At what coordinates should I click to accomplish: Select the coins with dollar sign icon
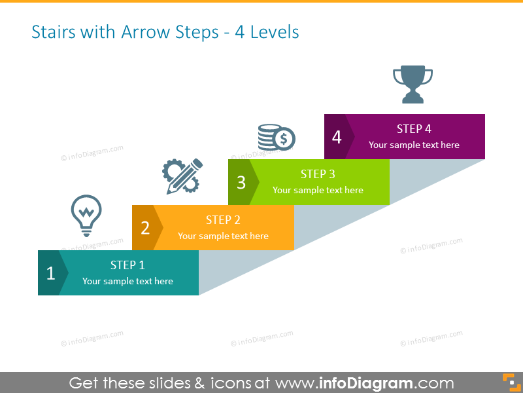pos(276,138)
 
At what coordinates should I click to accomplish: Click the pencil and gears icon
pos(182,176)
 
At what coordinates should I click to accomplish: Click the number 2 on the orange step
pos(145,228)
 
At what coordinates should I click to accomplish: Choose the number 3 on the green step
pos(241,183)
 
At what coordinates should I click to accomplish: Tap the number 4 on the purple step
pos(337,138)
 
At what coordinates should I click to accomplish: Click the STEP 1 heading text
pos(127,265)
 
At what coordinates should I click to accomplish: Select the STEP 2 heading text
pos(223,220)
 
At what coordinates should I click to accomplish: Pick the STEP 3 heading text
pos(318,174)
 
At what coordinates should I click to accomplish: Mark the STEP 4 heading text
pos(414,129)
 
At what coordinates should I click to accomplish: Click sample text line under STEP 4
pos(414,145)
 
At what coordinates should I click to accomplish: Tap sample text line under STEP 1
pos(127,281)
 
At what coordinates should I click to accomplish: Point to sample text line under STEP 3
pos(318,190)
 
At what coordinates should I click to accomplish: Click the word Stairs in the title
pos(54,32)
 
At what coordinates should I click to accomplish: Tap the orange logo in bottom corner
pos(509,381)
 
